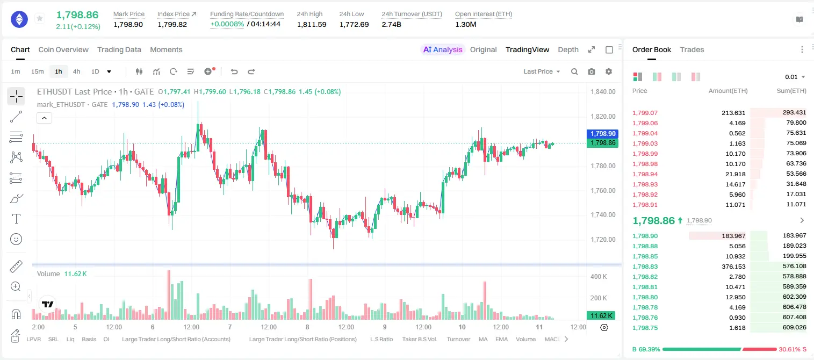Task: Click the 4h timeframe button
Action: [76, 71]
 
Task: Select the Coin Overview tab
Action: [63, 49]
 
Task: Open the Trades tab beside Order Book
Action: [692, 49]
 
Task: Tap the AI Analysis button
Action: [443, 49]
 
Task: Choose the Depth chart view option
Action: [568, 49]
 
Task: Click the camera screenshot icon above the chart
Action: [592, 71]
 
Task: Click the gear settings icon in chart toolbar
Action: [609, 71]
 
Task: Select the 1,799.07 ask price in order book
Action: [645, 113]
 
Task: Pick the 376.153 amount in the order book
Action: [733, 267]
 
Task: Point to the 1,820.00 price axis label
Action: [603, 116]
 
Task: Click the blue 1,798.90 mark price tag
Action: [602, 134]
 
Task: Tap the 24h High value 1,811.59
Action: [312, 24]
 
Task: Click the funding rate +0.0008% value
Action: [227, 24]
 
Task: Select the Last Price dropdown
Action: [542, 71]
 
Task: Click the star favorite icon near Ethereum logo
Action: [40, 18]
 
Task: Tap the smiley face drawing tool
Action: [16, 239]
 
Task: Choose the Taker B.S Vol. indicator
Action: [419, 339]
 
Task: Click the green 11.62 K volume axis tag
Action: [602, 315]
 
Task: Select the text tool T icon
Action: [16, 219]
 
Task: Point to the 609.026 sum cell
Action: [794, 327]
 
